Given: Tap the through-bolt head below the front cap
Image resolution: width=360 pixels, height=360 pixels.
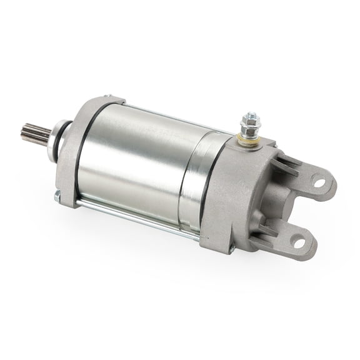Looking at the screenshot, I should (57, 196).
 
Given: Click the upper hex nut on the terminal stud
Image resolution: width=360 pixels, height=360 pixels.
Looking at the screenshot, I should (250, 118).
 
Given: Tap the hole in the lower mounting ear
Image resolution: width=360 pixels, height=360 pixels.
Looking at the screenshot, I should (299, 242).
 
